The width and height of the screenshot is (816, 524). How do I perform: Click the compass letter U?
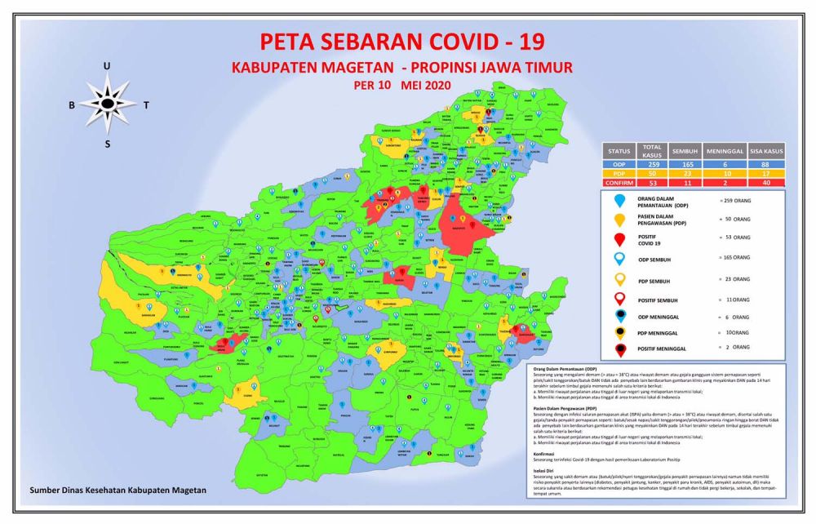pyautogui.click(x=107, y=66)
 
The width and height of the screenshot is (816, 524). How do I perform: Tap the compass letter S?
pyautogui.click(x=107, y=144)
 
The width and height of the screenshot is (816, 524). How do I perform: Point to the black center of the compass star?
pyautogui.click(x=108, y=104)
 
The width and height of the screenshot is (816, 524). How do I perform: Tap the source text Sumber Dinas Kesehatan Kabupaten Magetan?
pyautogui.click(x=118, y=491)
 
